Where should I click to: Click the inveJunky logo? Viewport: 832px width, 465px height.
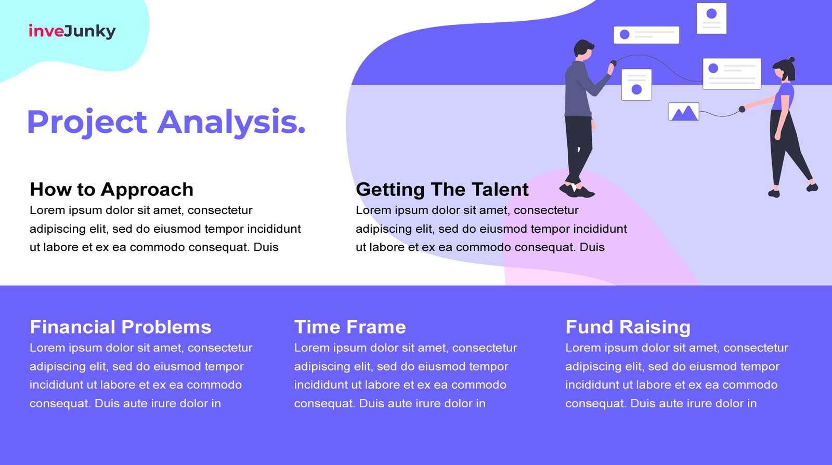point(72,31)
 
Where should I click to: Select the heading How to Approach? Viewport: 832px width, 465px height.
point(111,189)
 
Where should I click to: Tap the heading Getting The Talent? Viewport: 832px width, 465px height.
point(442,189)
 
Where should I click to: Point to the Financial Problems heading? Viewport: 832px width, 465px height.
point(121,327)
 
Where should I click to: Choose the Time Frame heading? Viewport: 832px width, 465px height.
point(350,327)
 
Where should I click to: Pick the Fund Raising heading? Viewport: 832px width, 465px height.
point(628,327)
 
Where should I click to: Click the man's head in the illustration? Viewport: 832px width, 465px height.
point(583,49)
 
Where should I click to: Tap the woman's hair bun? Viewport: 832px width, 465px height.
point(791,59)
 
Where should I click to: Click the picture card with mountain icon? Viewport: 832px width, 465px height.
point(684,112)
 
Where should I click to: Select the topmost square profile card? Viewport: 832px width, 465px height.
point(711,18)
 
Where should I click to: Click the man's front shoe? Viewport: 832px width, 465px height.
point(584,192)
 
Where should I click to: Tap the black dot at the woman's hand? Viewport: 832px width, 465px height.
point(742,109)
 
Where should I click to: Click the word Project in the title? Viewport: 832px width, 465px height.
point(87,122)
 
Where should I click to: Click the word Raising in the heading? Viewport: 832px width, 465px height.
point(655,327)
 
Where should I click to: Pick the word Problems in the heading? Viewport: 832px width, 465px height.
point(166,327)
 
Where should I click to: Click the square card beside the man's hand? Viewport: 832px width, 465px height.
point(636,85)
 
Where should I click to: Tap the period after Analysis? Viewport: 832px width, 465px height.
point(301,130)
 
